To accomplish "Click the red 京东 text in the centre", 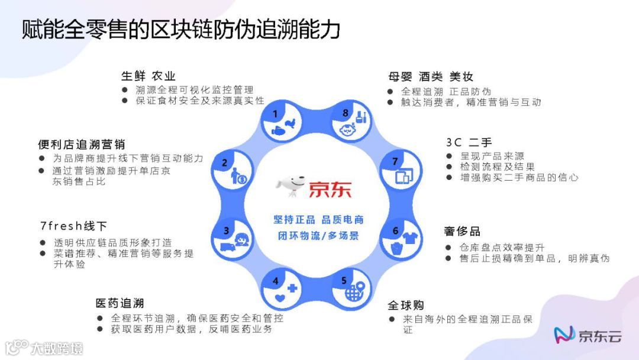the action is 329,189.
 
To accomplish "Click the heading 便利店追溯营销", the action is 81,144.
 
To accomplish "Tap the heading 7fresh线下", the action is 73,226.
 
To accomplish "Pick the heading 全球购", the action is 406,306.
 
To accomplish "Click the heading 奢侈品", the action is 461,232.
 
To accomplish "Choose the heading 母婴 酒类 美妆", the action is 431,76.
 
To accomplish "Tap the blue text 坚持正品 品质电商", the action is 318,220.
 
